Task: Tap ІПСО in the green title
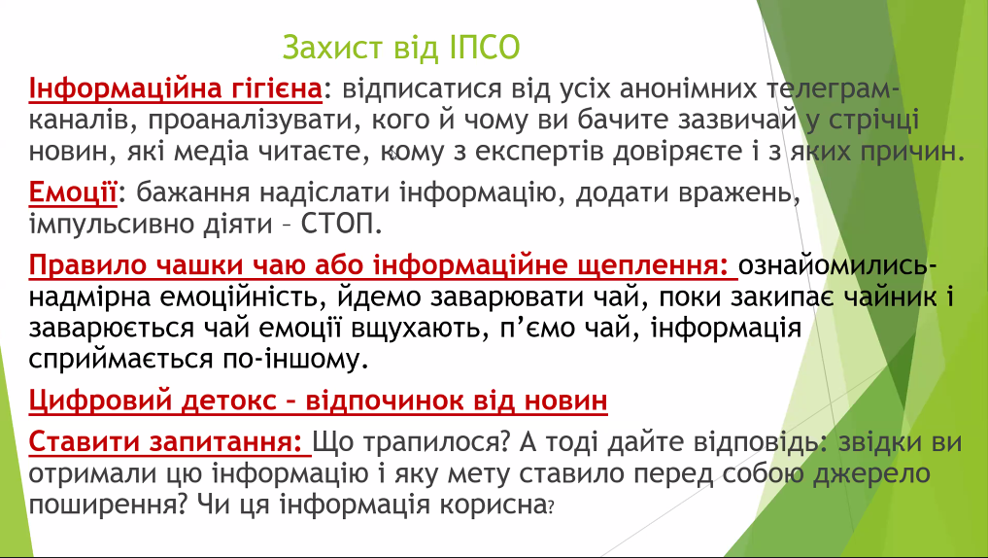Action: [485, 48]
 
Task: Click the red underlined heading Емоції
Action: [73, 192]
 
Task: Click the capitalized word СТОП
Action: [340, 225]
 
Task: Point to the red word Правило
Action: [86, 265]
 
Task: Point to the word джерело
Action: [870, 473]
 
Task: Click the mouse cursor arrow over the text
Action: [393, 154]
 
